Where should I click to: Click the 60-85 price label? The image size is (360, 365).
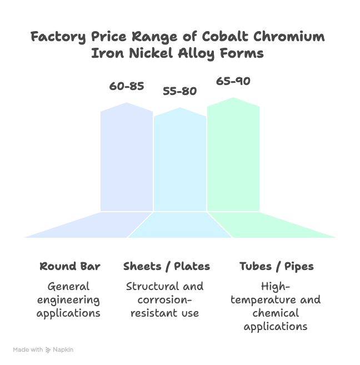pos(127,86)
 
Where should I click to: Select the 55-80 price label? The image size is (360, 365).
pos(179,91)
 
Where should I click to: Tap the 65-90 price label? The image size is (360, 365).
pos(233,81)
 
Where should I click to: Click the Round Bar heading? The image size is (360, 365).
pos(70,266)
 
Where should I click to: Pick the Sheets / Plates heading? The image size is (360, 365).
pos(167,266)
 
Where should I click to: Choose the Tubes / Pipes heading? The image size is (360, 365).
pos(276,266)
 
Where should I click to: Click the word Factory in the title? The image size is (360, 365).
pos(56,37)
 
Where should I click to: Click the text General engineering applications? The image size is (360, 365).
pos(68,300)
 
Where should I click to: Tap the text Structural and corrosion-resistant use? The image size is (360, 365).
pos(164,300)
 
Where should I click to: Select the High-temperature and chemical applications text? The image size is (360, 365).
pos(276,306)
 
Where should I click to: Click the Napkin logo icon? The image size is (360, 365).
pos(49,350)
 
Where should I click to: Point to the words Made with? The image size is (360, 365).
pos(28,350)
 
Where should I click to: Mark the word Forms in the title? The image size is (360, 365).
pos(242,54)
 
